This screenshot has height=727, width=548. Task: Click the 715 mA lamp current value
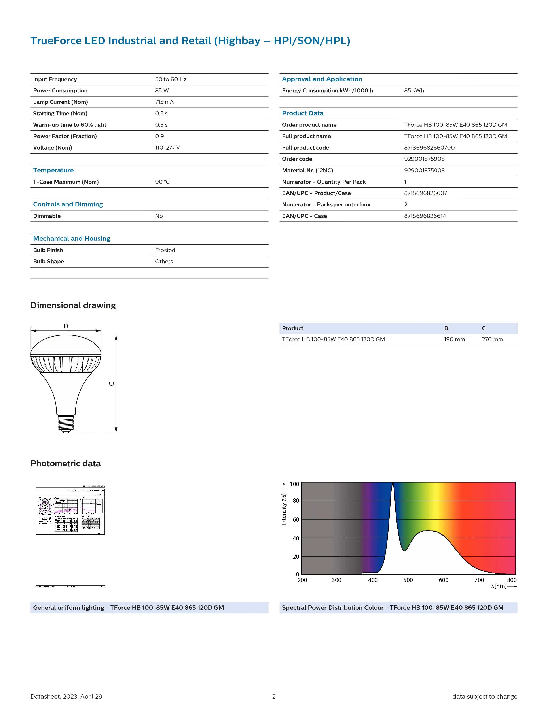pos(164,102)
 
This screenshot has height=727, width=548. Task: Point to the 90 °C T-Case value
pos(162,182)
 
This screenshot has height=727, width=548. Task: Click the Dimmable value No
pos(159,216)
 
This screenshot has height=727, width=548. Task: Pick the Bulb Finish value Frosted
pos(165,250)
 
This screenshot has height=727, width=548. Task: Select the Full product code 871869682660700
pos(429,148)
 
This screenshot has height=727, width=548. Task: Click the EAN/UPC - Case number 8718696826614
pos(425,216)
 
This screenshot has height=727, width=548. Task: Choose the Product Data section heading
pos(302,113)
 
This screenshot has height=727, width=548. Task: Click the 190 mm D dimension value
pos(454,339)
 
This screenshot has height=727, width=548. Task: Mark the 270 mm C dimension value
pos(492,339)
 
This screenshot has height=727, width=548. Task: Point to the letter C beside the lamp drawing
pos(112,384)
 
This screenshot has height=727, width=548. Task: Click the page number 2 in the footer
pos(274,696)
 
